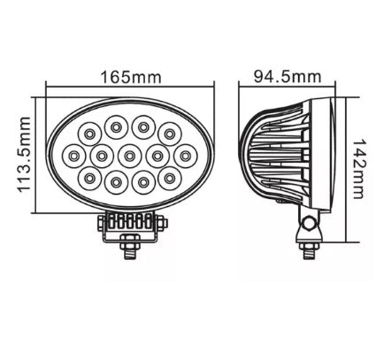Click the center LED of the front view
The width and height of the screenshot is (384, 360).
click(129, 157)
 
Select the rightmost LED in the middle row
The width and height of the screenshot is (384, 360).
click(187, 157)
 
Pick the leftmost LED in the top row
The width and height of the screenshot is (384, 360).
click(89, 133)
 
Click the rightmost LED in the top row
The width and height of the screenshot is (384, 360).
click(168, 133)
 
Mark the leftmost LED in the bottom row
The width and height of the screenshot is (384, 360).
click(89, 180)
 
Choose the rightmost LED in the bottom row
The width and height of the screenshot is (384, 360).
click(168, 180)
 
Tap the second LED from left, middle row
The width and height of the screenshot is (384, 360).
click(100, 157)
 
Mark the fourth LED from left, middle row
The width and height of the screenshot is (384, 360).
click(158, 157)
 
